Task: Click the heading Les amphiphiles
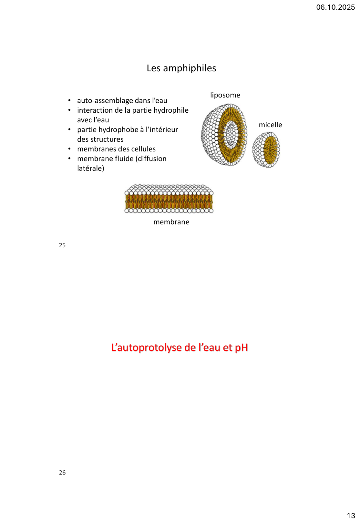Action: (x=181, y=68)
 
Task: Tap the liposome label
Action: (x=225, y=95)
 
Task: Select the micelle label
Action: (x=270, y=125)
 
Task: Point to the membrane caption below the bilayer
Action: (x=171, y=222)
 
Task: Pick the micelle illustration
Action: (x=266, y=150)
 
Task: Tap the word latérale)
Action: (x=90, y=169)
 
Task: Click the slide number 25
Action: (x=62, y=245)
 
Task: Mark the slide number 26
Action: (x=62, y=473)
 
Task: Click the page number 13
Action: (x=351, y=516)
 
